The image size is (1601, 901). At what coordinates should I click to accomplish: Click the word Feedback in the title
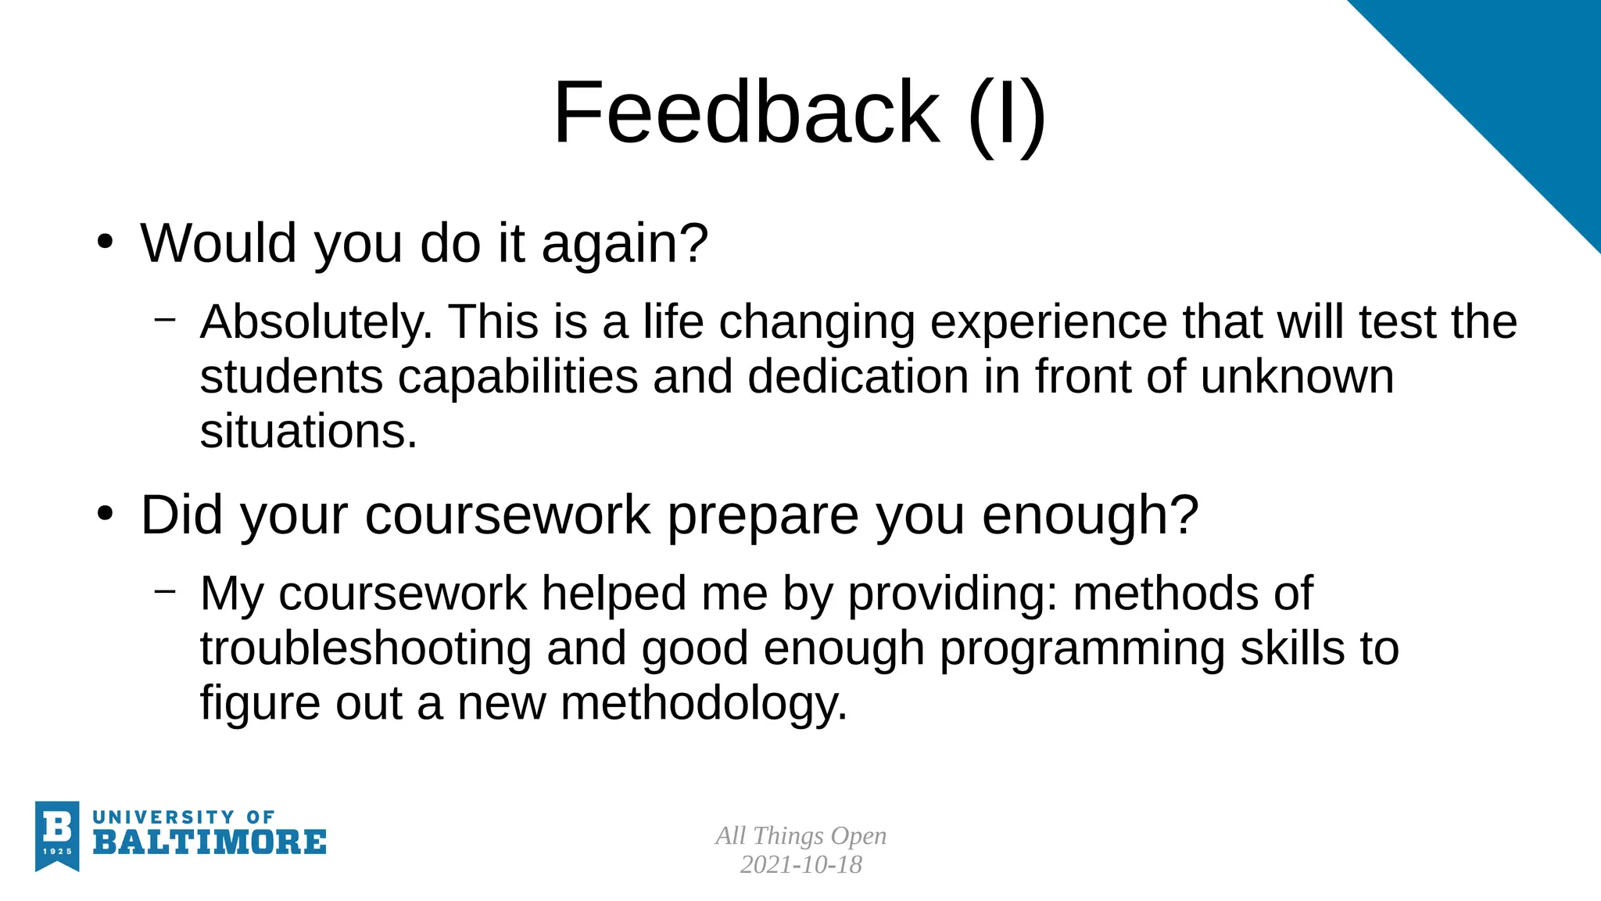click(747, 113)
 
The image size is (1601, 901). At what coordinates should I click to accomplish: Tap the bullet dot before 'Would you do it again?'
click(106, 242)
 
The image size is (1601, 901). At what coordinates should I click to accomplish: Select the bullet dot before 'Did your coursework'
click(106, 514)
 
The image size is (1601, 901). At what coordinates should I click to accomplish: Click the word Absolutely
click(316, 321)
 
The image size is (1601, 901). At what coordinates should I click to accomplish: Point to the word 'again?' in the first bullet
click(625, 244)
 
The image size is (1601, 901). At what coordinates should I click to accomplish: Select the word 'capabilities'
click(518, 378)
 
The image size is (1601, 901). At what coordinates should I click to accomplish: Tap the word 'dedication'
click(858, 376)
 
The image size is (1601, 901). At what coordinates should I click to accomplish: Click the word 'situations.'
click(309, 431)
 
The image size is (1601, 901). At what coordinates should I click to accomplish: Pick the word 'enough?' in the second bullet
click(1090, 516)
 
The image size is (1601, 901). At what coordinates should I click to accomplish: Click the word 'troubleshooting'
click(366, 648)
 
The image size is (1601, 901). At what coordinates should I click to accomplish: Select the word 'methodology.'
click(704, 703)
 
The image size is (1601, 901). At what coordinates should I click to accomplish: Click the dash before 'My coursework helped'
click(165, 590)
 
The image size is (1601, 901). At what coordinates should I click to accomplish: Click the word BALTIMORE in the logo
click(210, 842)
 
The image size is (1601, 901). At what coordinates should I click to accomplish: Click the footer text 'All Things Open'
click(800, 835)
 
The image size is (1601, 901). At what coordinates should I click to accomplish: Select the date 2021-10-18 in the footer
click(800, 864)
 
